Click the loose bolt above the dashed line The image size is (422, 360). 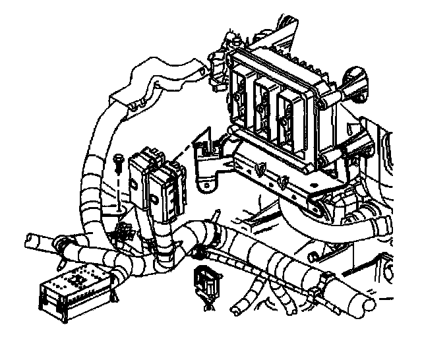tap(119, 161)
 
